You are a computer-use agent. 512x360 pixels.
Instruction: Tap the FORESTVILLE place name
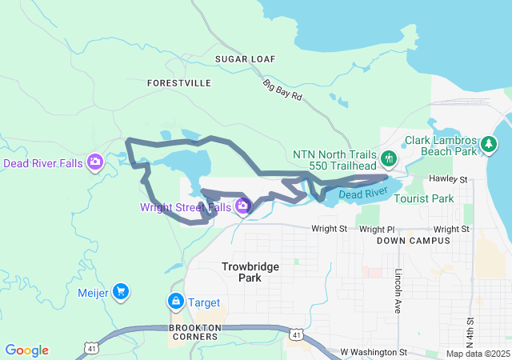pyautogui.click(x=179, y=82)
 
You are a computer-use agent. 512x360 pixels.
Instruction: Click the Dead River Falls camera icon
pyautogui.click(x=95, y=162)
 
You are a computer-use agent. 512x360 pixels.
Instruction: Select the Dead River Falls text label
pyautogui.click(x=42, y=163)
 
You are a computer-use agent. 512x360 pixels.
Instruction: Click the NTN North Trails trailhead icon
pyautogui.click(x=390, y=158)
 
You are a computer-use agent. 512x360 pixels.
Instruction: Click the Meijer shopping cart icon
pyautogui.click(x=120, y=292)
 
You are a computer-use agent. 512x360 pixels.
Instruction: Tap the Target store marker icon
pyautogui.click(x=174, y=302)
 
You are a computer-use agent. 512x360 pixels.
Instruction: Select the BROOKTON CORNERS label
pyautogui.click(x=194, y=332)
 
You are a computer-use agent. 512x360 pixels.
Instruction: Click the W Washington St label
pyautogui.click(x=374, y=352)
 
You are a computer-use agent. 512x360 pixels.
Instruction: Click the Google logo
pyautogui.click(x=27, y=350)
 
